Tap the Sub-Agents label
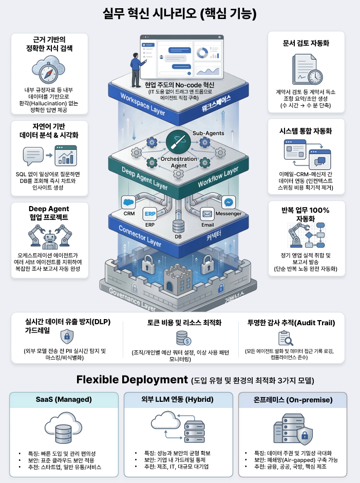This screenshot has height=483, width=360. [x=208, y=134]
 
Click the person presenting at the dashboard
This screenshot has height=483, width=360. [x=136, y=65]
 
